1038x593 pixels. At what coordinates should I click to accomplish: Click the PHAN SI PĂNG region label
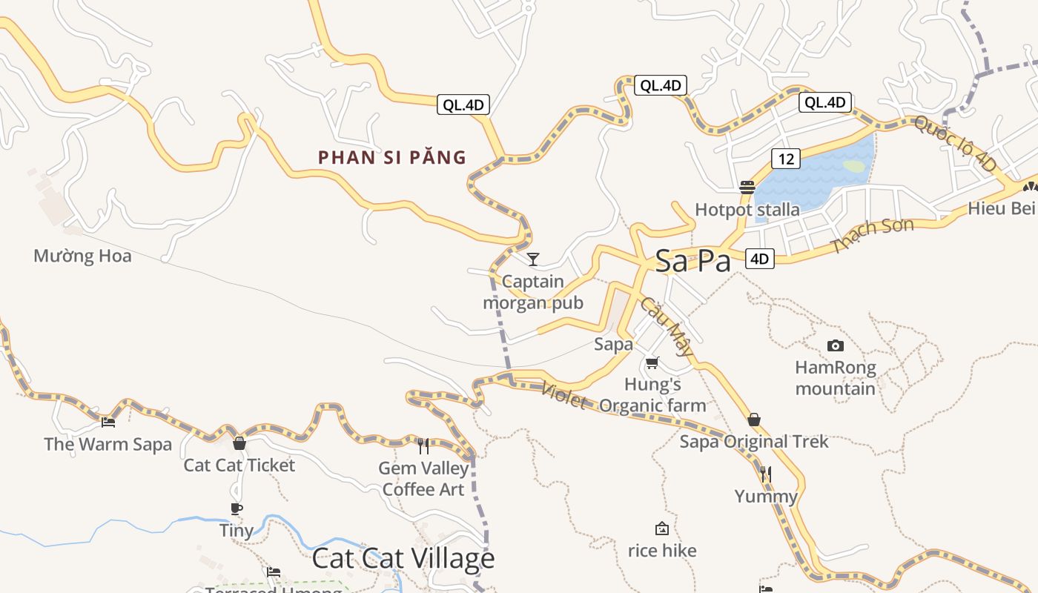coord(392,157)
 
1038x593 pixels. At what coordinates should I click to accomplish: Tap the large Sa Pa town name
coord(692,261)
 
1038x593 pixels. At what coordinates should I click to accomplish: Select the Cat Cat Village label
coord(403,558)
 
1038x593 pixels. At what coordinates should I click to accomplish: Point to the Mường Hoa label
coord(82,256)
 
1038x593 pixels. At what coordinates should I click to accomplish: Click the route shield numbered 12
coord(786,158)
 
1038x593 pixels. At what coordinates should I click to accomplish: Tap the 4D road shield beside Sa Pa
coord(759,258)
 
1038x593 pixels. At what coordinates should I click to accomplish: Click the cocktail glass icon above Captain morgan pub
coord(532,259)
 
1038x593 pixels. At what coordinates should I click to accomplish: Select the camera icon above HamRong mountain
coord(836,345)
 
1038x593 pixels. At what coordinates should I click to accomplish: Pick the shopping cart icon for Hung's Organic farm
coord(652,362)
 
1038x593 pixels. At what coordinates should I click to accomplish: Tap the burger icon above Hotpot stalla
coord(747,187)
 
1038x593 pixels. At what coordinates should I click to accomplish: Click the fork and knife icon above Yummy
coord(766,474)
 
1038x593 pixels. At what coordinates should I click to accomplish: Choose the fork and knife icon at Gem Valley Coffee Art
coord(423,445)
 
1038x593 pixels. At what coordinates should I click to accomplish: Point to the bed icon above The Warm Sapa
coord(108,423)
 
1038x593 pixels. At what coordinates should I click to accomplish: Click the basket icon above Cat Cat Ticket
coord(239,443)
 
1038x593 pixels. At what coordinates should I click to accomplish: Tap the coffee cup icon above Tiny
coord(237,508)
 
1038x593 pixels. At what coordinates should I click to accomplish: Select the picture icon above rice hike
coord(662,529)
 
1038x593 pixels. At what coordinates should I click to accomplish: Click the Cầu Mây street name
coord(667,326)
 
